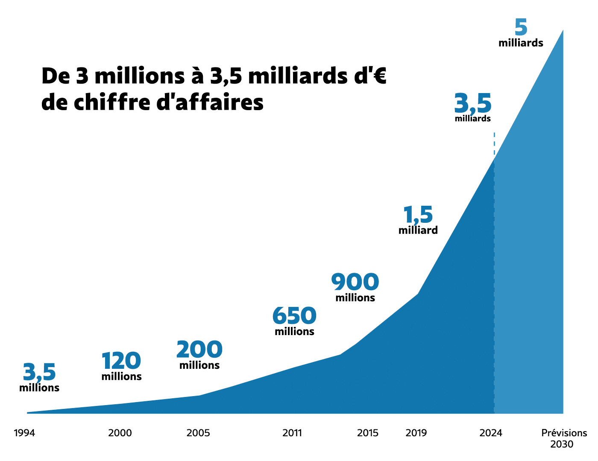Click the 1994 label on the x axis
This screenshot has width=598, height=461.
[x=24, y=433]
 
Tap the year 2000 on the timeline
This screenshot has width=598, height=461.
[x=120, y=433]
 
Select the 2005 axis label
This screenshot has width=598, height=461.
[x=198, y=433]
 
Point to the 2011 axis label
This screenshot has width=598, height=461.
[x=292, y=433]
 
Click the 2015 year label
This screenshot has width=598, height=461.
[x=368, y=433]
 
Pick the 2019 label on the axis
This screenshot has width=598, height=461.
[x=416, y=433]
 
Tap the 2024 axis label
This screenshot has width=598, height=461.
[x=491, y=433]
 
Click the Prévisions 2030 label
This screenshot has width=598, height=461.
[x=564, y=438]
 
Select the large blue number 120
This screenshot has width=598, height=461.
[x=121, y=361]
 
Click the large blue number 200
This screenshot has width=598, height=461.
[x=199, y=350]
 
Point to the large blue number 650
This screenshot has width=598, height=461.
[x=294, y=316]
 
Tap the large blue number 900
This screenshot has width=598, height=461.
[x=355, y=282]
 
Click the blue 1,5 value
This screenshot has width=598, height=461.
[x=418, y=215]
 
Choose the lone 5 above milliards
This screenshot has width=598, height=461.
[x=521, y=28]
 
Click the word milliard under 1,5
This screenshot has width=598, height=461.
[x=418, y=230]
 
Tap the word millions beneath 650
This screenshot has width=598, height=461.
[x=294, y=332]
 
